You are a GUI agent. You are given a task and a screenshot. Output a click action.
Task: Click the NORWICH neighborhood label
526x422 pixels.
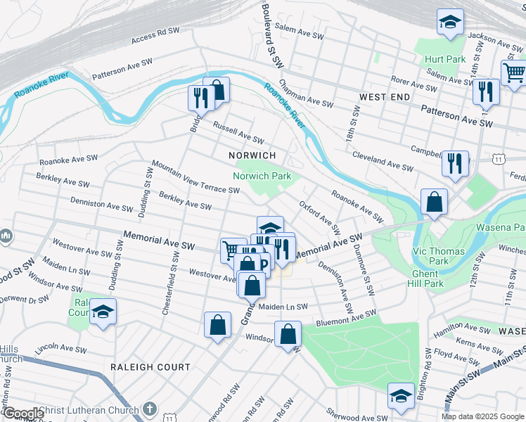point(252,155)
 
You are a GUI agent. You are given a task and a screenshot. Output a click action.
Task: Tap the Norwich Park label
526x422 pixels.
point(262,176)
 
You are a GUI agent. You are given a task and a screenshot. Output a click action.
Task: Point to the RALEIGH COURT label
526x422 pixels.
point(150,366)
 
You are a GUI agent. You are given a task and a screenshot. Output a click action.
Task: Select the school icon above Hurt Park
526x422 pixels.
point(450,23)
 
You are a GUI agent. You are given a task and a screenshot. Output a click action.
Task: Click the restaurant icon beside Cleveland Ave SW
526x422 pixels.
point(455,163)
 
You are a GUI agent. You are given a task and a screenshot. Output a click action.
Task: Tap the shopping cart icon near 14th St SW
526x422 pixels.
point(514,72)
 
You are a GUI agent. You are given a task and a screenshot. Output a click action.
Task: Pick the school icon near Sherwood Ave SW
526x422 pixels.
point(401,396)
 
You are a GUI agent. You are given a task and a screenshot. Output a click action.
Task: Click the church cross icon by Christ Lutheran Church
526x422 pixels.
point(149,409)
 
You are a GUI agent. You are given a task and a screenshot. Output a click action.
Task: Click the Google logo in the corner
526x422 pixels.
point(23,414)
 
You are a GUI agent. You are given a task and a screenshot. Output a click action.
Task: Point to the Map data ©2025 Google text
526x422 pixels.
point(482,416)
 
